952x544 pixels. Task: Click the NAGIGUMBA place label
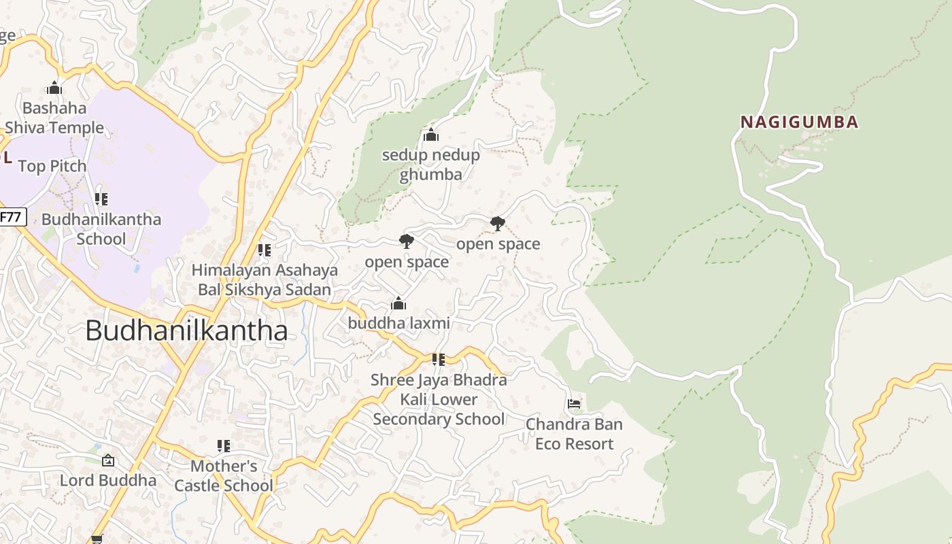point(799,122)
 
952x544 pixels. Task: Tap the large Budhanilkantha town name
point(186,330)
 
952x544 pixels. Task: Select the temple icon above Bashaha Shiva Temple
point(54,88)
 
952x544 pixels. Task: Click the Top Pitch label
point(52,166)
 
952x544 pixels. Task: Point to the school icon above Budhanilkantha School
point(101,199)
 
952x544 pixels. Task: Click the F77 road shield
point(12,218)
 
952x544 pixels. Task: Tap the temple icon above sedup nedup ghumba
point(430,135)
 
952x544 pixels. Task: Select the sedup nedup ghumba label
point(430,165)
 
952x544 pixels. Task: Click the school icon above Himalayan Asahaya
point(265,250)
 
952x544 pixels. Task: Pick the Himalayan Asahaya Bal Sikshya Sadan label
point(265,279)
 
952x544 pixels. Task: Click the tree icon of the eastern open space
point(498,223)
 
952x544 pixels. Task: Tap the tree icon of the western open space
point(406,241)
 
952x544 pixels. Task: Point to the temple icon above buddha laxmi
point(398,303)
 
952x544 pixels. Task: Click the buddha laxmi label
point(398,323)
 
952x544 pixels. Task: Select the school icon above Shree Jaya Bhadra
point(439,359)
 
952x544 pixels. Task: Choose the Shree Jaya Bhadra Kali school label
point(439,399)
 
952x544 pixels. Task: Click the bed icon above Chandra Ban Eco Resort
point(574,404)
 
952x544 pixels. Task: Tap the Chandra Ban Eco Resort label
point(574,434)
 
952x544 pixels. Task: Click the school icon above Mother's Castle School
point(223,446)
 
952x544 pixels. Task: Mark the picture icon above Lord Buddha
point(107,461)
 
